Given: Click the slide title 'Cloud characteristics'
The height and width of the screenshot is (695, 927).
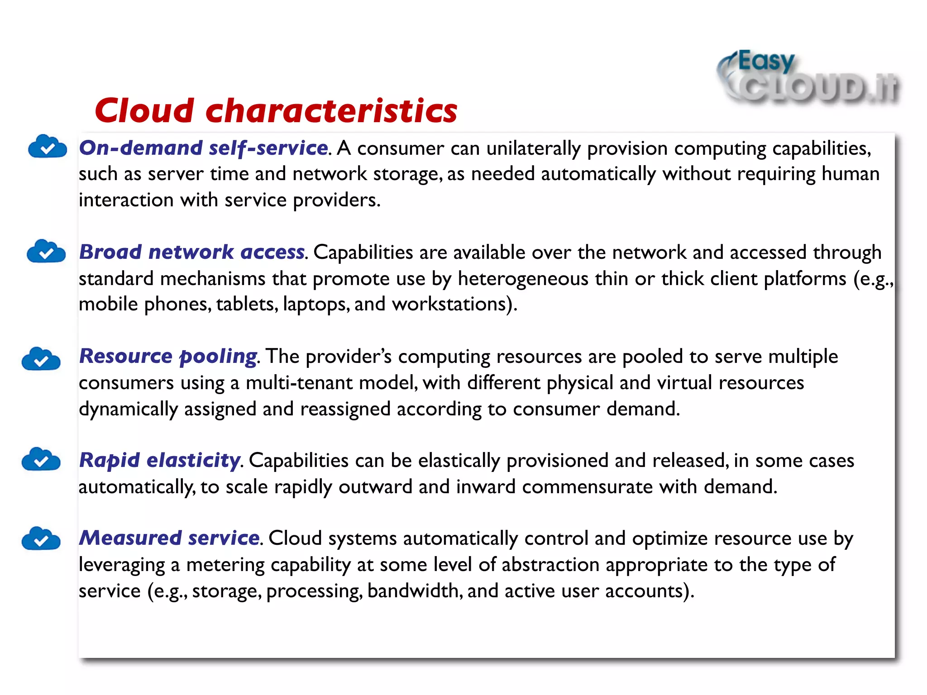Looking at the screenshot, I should coord(276,111).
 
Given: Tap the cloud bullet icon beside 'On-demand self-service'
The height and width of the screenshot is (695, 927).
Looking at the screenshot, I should coord(48,147).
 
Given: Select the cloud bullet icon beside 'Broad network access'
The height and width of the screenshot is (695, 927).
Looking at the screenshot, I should coord(46,252).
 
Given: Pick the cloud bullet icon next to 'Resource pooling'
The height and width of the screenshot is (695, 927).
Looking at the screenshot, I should coord(41,359).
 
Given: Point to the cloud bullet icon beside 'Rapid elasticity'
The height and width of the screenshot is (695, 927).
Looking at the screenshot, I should coord(41,460).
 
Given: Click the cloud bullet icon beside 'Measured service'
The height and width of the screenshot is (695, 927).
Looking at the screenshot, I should coord(41,538).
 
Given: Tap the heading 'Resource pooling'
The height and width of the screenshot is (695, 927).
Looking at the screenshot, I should coord(168,357).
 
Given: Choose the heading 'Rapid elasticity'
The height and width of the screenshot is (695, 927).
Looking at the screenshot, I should coord(160,461).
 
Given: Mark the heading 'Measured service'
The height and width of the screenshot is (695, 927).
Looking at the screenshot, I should coord(169,538).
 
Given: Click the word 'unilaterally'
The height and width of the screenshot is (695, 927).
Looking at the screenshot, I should coord(533,149).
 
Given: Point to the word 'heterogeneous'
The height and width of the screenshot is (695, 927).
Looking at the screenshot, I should coord(523,279).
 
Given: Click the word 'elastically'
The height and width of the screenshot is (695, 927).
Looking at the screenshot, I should coord(459,461).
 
